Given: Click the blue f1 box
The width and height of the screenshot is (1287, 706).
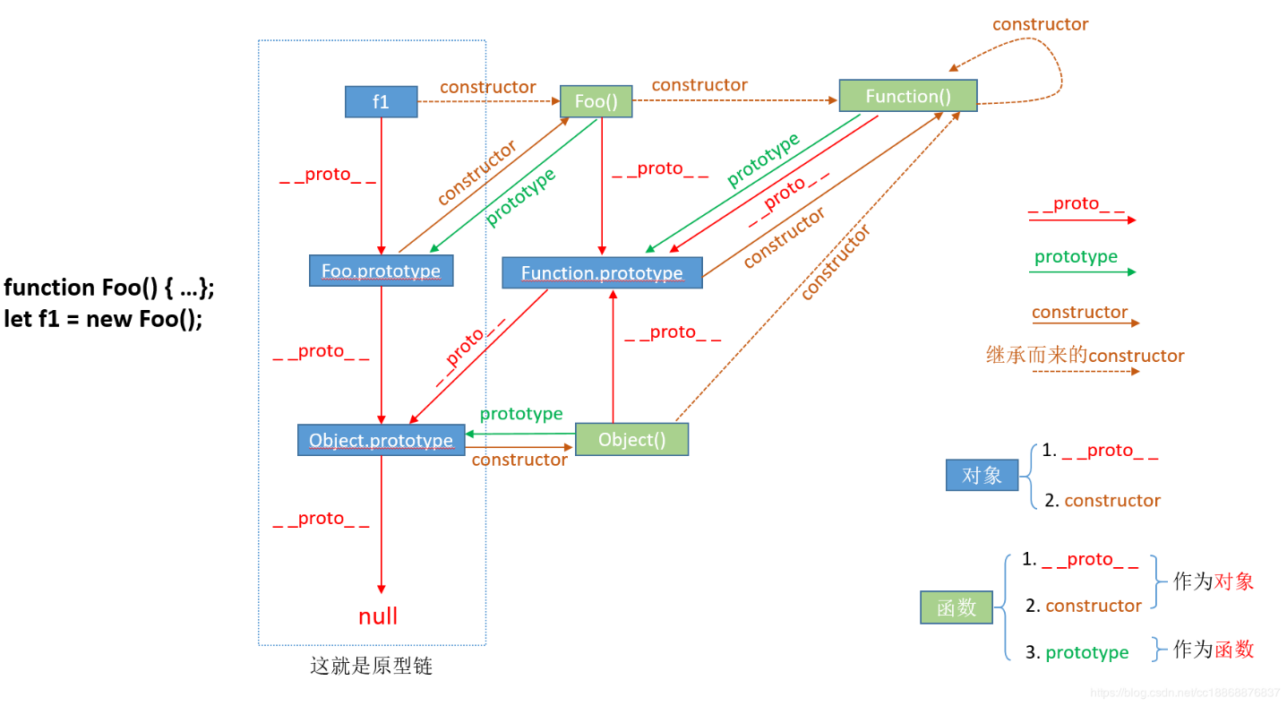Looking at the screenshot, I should tap(381, 101).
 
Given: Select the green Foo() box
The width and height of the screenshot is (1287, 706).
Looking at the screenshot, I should tap(596, 101).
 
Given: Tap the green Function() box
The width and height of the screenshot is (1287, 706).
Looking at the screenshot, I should tap(907, 96).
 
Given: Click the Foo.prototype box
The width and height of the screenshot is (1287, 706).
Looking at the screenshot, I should tap(381, 271).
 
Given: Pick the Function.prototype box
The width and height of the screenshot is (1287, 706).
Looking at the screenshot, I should tap(602, 273).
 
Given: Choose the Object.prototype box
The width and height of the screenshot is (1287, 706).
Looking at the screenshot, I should tap(381, 440).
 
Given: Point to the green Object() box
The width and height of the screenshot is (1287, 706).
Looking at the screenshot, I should tap(631, 439).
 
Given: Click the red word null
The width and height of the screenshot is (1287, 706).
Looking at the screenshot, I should tap(378, 616).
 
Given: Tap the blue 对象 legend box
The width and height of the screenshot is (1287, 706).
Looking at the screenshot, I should tap(982, 475).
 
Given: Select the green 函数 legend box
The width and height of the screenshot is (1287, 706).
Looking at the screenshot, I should tap(956, 607).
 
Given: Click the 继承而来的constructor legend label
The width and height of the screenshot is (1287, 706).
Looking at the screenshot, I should tap(1085, 356).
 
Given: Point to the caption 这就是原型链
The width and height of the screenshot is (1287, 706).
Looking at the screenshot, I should tap(371, 667).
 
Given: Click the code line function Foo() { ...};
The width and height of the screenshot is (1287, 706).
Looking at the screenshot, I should tap(109, 288).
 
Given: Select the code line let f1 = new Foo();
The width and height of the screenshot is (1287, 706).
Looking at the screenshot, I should tap(103, 319).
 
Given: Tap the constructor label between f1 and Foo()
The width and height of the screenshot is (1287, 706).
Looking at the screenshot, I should tap(487, 87).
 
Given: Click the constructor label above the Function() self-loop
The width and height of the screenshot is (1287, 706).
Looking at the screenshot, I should tap(1040, 24).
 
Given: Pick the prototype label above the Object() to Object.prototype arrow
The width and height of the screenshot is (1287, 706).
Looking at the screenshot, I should tap(521, 414).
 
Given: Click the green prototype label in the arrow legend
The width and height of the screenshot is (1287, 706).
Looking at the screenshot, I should tap(1076, 256).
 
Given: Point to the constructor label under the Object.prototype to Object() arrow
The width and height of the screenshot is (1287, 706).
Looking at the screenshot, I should tap(519, 460).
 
